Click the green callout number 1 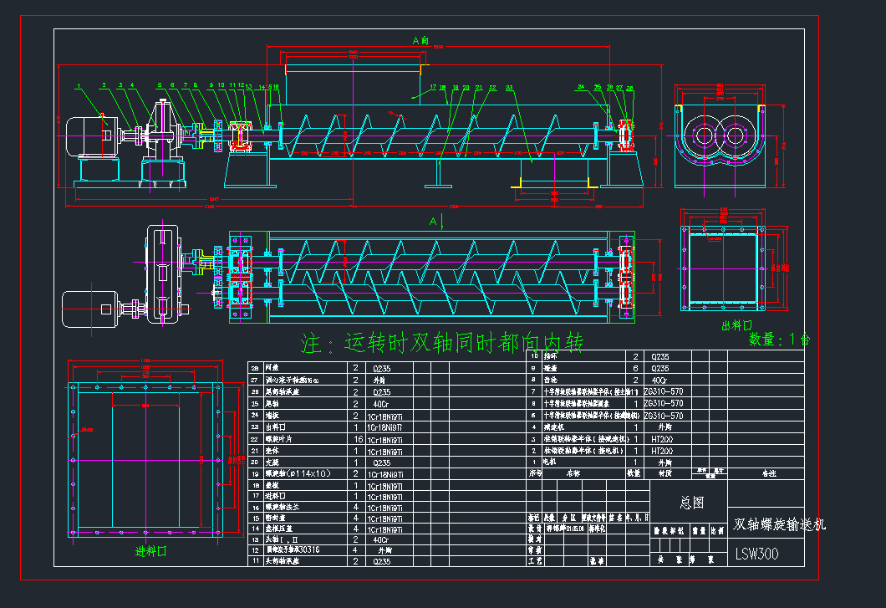77,85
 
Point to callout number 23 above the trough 510,87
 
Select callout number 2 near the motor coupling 104,85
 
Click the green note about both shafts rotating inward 442,342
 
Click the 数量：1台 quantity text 779,340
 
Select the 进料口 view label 151,552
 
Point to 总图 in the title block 692,503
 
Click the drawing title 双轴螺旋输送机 779,524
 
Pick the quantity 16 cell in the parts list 356,438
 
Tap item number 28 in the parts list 254,367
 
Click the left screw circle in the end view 704,135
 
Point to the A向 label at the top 421,39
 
